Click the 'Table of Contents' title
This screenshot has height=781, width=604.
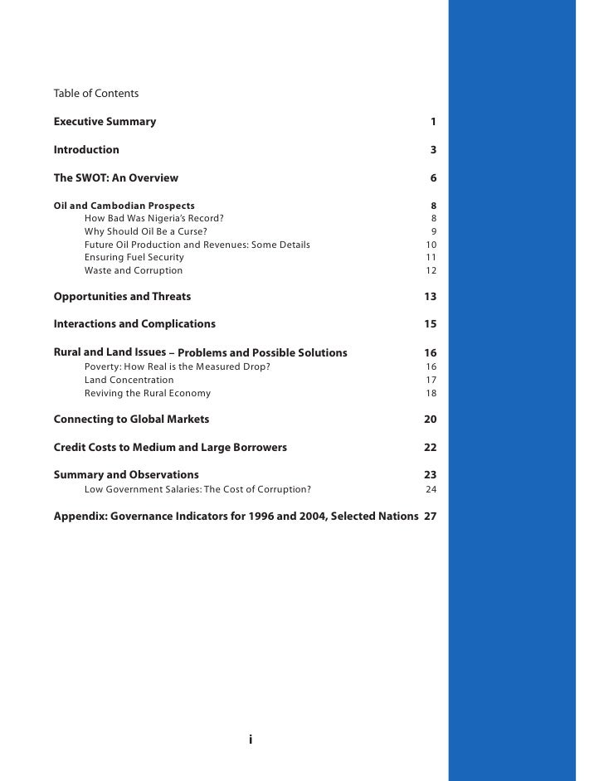(95, 93)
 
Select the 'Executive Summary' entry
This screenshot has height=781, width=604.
(105, 122)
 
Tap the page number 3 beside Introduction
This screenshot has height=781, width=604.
(433, 150)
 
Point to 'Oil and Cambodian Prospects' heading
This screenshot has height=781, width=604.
(124, 205)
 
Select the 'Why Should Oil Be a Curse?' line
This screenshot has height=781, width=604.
(146, 231)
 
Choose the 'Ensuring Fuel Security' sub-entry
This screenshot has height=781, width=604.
(134, 258)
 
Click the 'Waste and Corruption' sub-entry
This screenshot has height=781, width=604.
(134, 270)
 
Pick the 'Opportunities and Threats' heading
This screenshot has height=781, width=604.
(122, 296)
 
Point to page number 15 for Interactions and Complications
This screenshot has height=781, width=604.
(430, 324)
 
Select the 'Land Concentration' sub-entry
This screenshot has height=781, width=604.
(129, 380)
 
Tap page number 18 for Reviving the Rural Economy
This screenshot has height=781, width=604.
(431, 393)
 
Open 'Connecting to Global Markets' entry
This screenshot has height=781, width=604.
(131, 419)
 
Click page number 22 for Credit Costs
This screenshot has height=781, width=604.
(430, 448)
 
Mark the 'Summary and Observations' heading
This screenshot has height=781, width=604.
(126, 474)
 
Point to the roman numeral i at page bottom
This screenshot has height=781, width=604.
(250, 740)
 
